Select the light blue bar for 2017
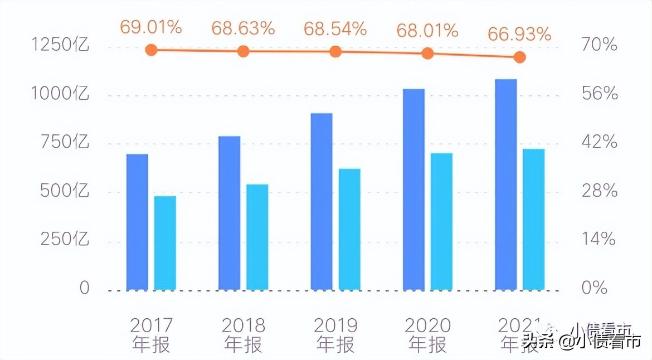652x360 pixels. pos(165,243)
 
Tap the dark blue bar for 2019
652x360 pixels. pos(322,201)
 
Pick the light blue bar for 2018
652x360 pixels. pos(257,237)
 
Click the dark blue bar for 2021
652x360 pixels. pos(506,184)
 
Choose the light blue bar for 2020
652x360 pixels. pos(441,221)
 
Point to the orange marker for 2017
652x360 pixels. pos(151,50)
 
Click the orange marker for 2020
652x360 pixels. pos(427,53)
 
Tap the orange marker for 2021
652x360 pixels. pos(519,57)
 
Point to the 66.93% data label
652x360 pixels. pos(519,35)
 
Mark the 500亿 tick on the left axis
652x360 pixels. pos(65,191)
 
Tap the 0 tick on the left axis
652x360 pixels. pos(84,288)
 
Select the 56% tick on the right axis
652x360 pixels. pos(600,94)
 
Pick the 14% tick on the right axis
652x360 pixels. pos(599,240)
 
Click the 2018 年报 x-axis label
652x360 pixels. pos(243,335)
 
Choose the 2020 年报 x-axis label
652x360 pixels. pos(427,335)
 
